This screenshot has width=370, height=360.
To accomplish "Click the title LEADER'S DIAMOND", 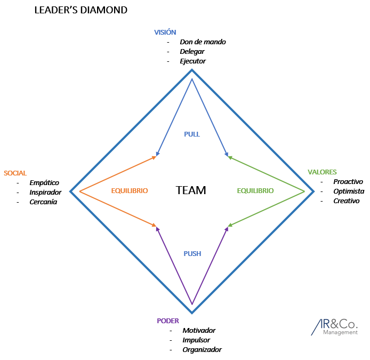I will click(x=81, y=10).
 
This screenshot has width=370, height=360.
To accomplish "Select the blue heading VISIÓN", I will click(x=165, y=33).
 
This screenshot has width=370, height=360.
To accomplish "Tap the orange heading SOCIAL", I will click(x=15, y=173).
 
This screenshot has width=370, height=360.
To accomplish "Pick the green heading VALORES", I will click(x=322, y=172).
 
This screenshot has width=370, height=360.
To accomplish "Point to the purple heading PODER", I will click(x=168, y=321).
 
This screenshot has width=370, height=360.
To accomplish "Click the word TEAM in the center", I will click(x=191, y=190).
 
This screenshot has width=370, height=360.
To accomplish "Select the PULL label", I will click(x=192, y=134).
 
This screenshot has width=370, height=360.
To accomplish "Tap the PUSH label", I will click(x=192, y=254).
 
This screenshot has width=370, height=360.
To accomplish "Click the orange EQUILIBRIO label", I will click(x=130, y=190).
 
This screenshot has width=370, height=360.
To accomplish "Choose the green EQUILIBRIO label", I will click(x=255, y=190).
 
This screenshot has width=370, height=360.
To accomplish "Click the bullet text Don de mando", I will click(x=203, y=42).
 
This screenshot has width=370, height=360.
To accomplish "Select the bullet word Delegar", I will click(x=192, y=52).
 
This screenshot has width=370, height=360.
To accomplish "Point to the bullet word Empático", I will click(x=44, y=183).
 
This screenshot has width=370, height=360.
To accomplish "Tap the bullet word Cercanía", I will click(x=43, y=202).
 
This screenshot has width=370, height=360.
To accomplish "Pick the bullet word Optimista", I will click(x=349, y=191).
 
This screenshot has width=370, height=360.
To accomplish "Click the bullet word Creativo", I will click(x=347, y=201).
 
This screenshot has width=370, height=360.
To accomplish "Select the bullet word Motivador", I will click(x=199, y=330).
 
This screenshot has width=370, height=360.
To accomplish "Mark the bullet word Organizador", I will click(x=202, y=349).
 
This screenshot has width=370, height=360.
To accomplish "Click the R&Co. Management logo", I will click(x=336, y=326).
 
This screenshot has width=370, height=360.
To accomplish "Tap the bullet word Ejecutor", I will click(x=192, y=61).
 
